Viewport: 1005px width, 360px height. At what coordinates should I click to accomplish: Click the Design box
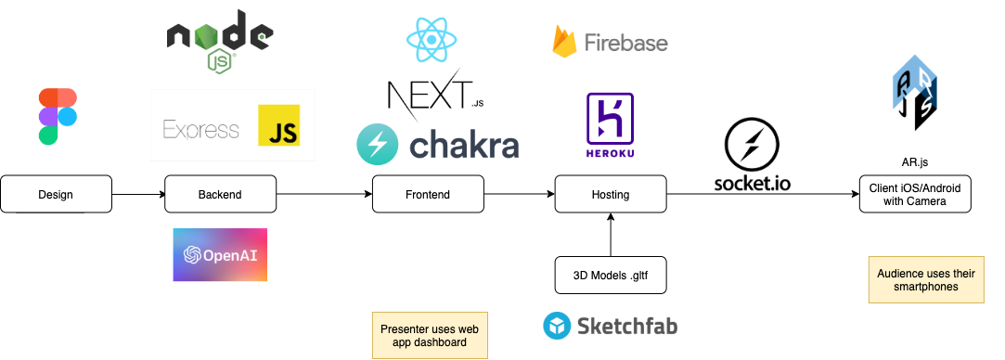56,194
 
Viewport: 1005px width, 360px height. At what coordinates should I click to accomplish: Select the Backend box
220,194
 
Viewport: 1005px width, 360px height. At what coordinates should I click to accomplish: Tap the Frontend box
428,194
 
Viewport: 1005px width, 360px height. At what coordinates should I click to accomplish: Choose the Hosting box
610,194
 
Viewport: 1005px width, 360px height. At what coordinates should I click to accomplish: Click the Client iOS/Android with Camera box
914,194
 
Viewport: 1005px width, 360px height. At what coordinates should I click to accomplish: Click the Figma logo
58,116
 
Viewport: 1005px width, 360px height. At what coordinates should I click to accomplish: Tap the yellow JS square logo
278,125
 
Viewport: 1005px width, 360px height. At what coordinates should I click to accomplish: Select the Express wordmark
200,129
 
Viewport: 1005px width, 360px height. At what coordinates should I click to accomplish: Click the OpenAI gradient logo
220,254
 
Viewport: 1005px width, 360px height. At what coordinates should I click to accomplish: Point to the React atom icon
431,39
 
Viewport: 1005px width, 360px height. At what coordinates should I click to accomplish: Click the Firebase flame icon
565,42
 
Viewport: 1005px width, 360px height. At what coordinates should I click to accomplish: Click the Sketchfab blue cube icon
557,326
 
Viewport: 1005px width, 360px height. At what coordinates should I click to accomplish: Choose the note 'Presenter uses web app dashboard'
430,335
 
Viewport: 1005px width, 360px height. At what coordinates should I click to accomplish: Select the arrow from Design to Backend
138,194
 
